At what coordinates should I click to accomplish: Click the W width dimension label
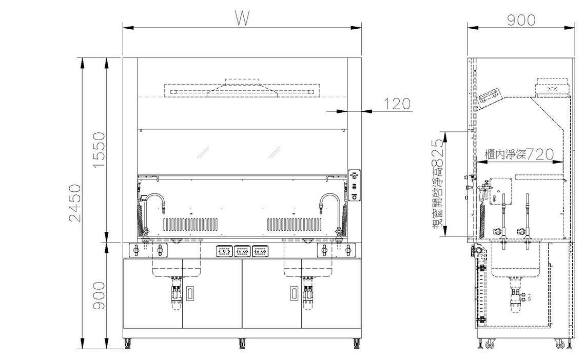(x=242, y=18)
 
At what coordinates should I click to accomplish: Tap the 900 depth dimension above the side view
(x=521, y=20)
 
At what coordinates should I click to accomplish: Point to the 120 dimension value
(x=397, y=104)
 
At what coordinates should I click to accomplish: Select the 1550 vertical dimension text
(x=99, y=149)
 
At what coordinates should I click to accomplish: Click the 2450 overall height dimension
(x=75, y=203)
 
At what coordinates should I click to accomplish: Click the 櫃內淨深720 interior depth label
(x=519, y=154)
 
